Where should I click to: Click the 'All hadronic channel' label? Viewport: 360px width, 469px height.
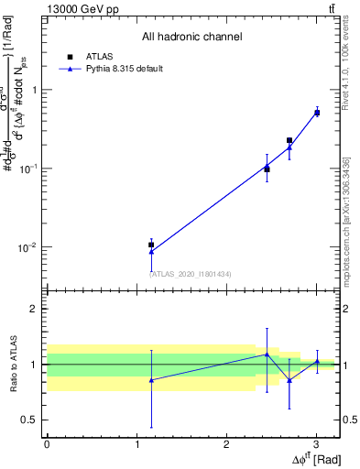coord(191,37)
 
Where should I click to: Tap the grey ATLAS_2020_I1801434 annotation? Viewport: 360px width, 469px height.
coord(191,274)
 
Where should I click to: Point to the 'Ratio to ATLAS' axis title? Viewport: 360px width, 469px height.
coord(13,364)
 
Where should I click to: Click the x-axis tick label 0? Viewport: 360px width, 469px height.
coord(47,444)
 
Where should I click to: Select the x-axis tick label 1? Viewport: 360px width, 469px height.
coord(136,444)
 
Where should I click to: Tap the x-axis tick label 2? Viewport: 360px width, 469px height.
coord(226,444)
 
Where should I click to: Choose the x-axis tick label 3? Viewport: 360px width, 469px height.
coord(316,444)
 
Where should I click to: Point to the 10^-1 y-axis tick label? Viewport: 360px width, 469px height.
coord(30,169)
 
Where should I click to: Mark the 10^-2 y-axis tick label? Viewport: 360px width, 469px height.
coord(30,247)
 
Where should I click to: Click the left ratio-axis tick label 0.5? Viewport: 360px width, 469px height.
coord(30,420)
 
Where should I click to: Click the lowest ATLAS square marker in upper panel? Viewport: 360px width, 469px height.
coord(151,245)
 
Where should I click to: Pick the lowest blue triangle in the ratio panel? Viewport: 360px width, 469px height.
coord(151,379)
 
